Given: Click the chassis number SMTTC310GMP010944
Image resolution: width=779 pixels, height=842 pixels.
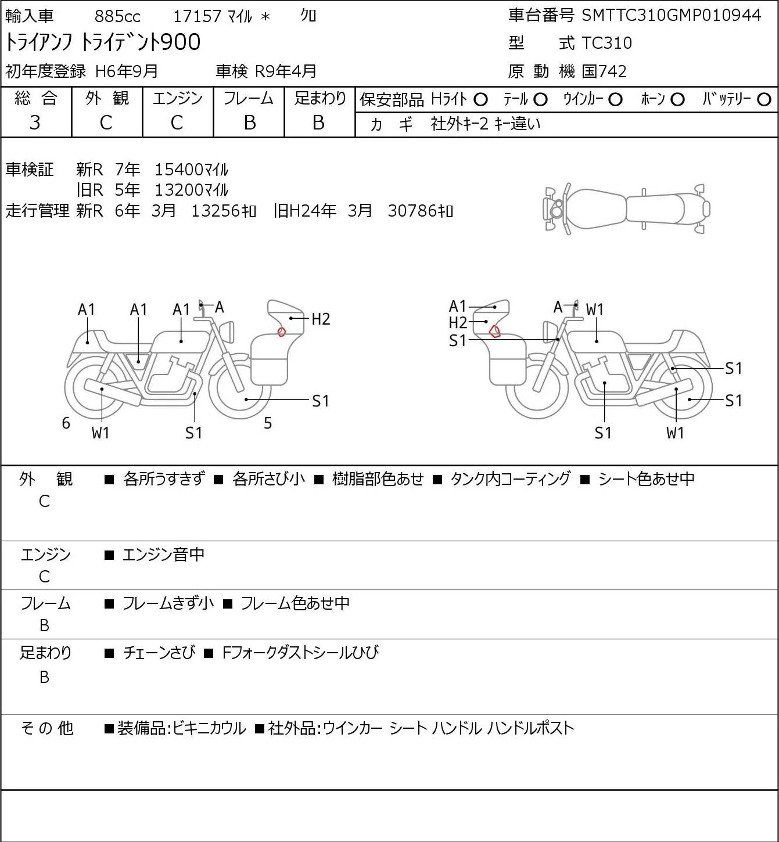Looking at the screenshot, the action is pyautogui.click(x=671, y=16).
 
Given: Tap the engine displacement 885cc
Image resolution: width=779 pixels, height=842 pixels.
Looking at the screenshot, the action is pyautogui.click(x=117, y=16).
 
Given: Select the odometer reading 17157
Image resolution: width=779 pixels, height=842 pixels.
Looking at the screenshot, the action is pyautogui.click(x=198, y=16).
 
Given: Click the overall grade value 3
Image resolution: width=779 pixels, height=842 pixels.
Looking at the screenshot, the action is pyautogui.click(x=35, y=123).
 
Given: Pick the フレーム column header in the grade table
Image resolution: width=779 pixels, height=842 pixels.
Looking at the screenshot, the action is pyautogui.click(x=249, y=99).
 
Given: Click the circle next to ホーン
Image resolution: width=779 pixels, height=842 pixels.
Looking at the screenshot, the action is pyautogui.click(x=677, y=100).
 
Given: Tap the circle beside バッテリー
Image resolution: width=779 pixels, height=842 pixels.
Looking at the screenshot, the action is pyautogui.click(x=764, y=100).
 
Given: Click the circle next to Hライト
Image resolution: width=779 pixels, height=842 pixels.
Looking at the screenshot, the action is pyautogui.click(x=480, y=100).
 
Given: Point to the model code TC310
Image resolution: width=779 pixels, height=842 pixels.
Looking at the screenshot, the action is pyautogui.click(x=606, y=43).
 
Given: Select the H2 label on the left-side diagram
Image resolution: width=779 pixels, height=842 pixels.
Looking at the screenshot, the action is pyautogui.click(x=320, y=319).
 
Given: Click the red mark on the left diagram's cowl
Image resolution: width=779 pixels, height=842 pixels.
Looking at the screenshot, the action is pyautogui.click(x=281, y=332).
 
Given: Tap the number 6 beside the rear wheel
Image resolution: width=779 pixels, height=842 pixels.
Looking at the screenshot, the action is pyautogui.click(x=66, y=423).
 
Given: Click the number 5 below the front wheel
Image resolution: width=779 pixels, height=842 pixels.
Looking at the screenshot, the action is pyautogui.click(x=268, y=423).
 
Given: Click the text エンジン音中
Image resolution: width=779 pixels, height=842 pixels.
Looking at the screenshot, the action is pyautogui.click(x=163, y=555).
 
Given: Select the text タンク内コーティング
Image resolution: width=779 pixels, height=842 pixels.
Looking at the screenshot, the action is pyautogui.click(x=510, y=478).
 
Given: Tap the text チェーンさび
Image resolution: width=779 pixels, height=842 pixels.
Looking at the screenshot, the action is pyautogui.click(x=159, y=652).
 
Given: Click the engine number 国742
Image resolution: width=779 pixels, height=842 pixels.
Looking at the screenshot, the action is pyautogui.click(x=604, y=71).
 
